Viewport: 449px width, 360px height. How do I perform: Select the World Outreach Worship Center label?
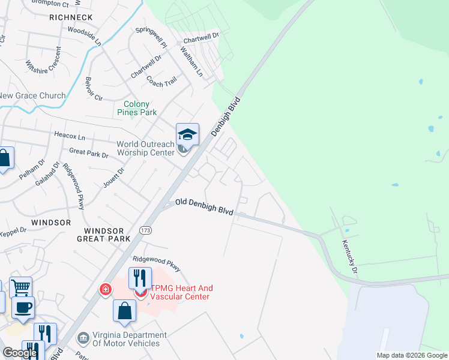click(x=146, y=148)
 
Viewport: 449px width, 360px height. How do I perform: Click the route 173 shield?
click(x=145, y=230)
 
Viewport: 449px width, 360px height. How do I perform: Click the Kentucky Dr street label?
click(x=350, y=256)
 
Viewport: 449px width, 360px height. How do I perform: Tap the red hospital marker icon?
click(x=106, y=290)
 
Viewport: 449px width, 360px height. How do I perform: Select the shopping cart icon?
click(x=20, y=287)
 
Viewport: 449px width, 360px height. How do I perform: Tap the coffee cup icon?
click(x=23, y=307)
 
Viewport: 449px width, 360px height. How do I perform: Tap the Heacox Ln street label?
click(x=70, y=136)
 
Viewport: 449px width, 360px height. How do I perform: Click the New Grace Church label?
click(x=33, y=96)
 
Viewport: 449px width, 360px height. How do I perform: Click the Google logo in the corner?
click(x=20, y=353)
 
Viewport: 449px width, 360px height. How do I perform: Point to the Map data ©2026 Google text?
click(x=412, y=355)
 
